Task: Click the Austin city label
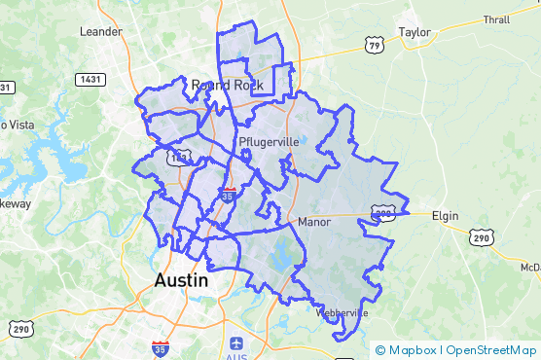182,280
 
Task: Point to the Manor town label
315,222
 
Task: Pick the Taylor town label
415,31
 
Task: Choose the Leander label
101,31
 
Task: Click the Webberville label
342,313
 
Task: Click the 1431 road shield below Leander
90,79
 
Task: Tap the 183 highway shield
178,157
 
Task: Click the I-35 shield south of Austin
161,346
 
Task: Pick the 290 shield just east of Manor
382,211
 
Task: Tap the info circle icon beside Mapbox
380,350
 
